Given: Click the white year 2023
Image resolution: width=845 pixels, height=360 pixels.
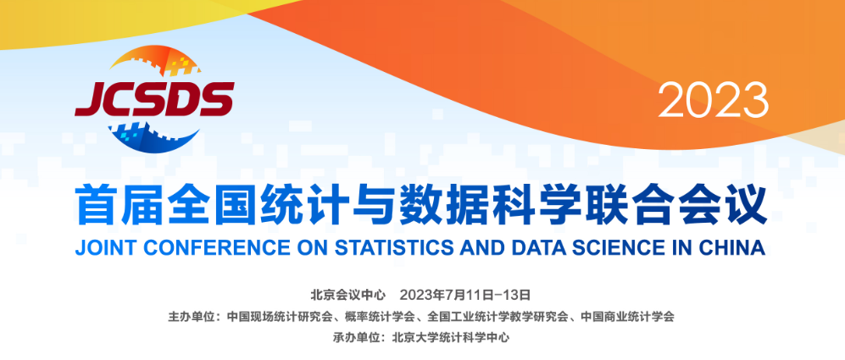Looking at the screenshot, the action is (x=713, y=100).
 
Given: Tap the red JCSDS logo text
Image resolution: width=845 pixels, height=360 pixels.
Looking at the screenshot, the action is (x=154, y=99).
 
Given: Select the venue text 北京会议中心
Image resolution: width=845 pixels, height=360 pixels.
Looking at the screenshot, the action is (x=348, y=295).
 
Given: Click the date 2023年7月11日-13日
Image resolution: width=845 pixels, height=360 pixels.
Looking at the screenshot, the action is (x=465, y=295).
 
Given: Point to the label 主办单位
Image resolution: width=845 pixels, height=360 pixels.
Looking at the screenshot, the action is (x=191, y=316).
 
